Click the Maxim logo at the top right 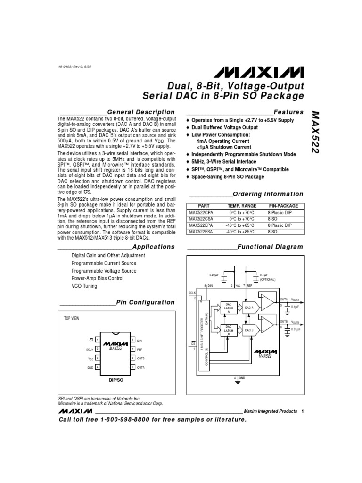tap(260, 72)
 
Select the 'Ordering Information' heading tap(268, 194)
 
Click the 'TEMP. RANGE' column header tap(242, 206)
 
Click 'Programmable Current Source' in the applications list tap(104, 263)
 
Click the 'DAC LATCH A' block tap(229, 308)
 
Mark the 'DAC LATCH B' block tap(229, 330)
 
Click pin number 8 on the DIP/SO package tap(133, 340)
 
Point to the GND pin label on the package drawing tap(90, 367)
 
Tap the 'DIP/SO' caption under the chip tap(115, 380)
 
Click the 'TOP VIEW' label tap(72, 318)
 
